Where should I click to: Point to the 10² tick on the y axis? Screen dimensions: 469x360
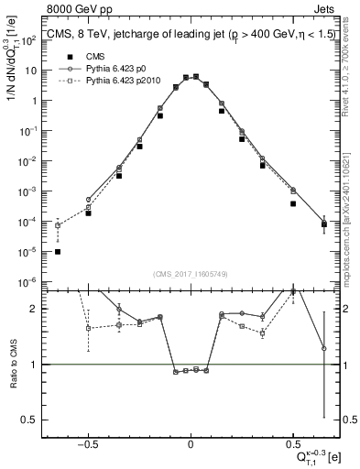(35, 40)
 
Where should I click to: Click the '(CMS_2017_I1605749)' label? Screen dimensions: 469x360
(191, 274)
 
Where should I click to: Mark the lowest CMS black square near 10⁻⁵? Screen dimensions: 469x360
(58, 251)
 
